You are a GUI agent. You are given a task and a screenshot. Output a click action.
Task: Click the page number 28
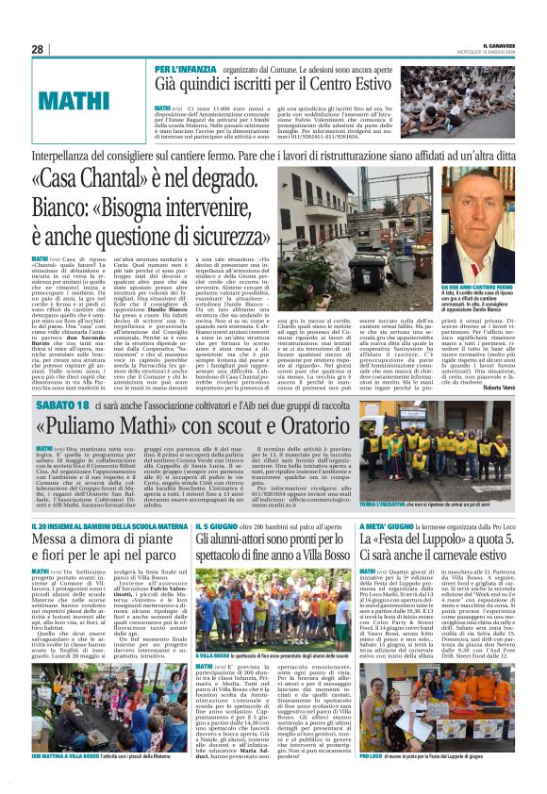37,49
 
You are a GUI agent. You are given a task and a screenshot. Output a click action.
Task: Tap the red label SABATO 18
62,404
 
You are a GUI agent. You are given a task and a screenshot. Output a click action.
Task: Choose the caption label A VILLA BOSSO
215,681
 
